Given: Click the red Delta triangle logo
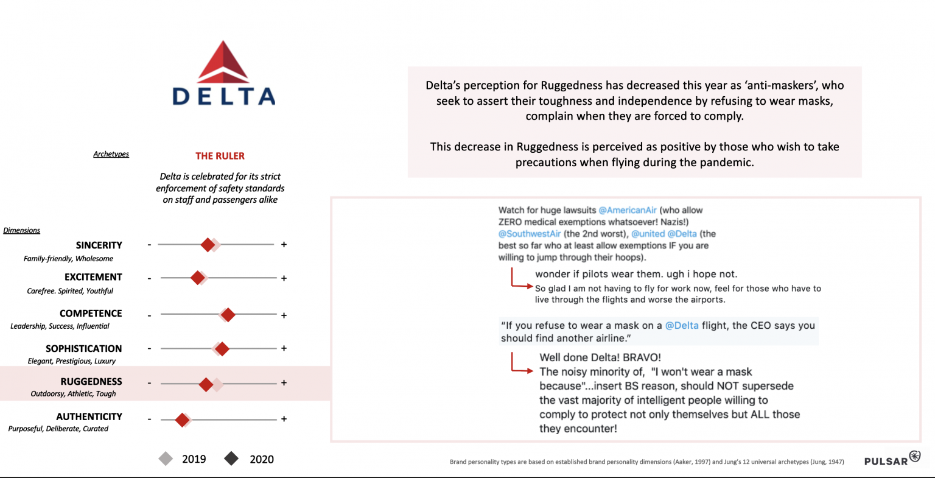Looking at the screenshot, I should (x=223, y=62).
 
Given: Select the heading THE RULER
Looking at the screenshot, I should (x=220, y=156).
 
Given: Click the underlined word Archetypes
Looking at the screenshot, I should (x=111, y=154).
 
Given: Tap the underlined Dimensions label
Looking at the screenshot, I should (x=22, y=230).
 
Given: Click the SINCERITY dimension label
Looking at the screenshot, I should (x=99, y=245).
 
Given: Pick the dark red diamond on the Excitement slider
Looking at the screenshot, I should (x=197, y=278).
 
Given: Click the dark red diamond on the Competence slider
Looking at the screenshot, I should (x=228, y=315).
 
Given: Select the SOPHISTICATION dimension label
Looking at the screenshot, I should (x=83, y=348).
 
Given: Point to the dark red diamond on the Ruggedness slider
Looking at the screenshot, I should (x=206, y=384).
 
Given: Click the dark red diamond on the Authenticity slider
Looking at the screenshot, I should (x=182, y=420).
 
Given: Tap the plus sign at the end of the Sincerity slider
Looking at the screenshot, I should (x=284, y=244).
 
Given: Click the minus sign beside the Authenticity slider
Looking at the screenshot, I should (x=149, y=419).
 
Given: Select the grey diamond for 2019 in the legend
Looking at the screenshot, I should (x=166, y=459).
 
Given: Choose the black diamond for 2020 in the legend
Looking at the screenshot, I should (x=231, y=459).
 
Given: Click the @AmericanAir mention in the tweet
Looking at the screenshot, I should (x=628, y=210).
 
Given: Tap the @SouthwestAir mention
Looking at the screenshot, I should (x=530, y=234).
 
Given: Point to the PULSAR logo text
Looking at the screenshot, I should (x=886, y=461).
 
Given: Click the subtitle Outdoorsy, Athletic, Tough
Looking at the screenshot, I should (x=73, y=394).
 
